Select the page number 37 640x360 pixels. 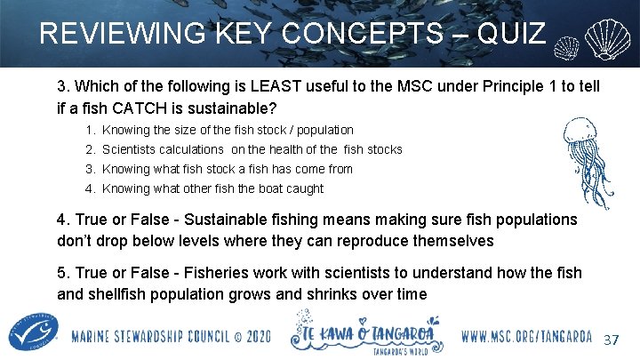611,341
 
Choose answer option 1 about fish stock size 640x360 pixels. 228,130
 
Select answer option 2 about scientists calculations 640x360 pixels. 252,149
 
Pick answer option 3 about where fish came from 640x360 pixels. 227,169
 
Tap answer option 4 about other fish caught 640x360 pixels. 212,188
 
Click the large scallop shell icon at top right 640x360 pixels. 610,36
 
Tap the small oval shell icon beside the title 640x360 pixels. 567,45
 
